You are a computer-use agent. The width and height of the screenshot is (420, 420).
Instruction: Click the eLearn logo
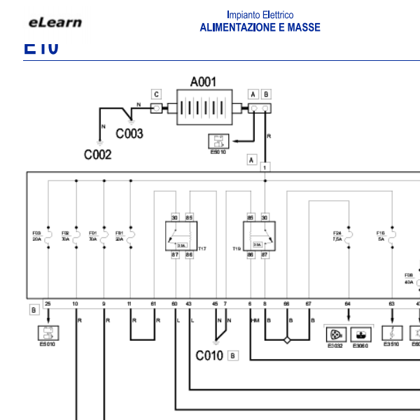point(55,22)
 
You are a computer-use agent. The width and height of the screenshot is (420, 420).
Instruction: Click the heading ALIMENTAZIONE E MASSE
point(260,28)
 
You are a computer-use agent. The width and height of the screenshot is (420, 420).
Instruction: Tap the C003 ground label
point(129,133)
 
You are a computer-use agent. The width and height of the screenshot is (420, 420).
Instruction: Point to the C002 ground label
point(97,155)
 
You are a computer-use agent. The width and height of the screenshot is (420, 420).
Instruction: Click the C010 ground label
point(209,356)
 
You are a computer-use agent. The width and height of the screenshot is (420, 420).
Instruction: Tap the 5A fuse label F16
point(380,236)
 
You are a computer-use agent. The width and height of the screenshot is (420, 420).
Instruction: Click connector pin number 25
point(48,303)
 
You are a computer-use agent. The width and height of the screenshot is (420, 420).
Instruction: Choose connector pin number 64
point(348,303)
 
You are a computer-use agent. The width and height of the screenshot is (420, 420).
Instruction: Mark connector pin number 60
point(174,303)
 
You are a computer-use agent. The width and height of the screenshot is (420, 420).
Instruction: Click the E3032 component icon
point(335,335)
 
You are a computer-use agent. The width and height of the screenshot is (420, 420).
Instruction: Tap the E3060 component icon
point(360,335)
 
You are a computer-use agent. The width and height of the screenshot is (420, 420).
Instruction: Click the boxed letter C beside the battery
point(156,94)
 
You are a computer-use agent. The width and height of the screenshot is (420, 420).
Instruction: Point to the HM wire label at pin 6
point(254,320)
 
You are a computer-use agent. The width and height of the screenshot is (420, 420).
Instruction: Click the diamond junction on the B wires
point(286,340)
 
